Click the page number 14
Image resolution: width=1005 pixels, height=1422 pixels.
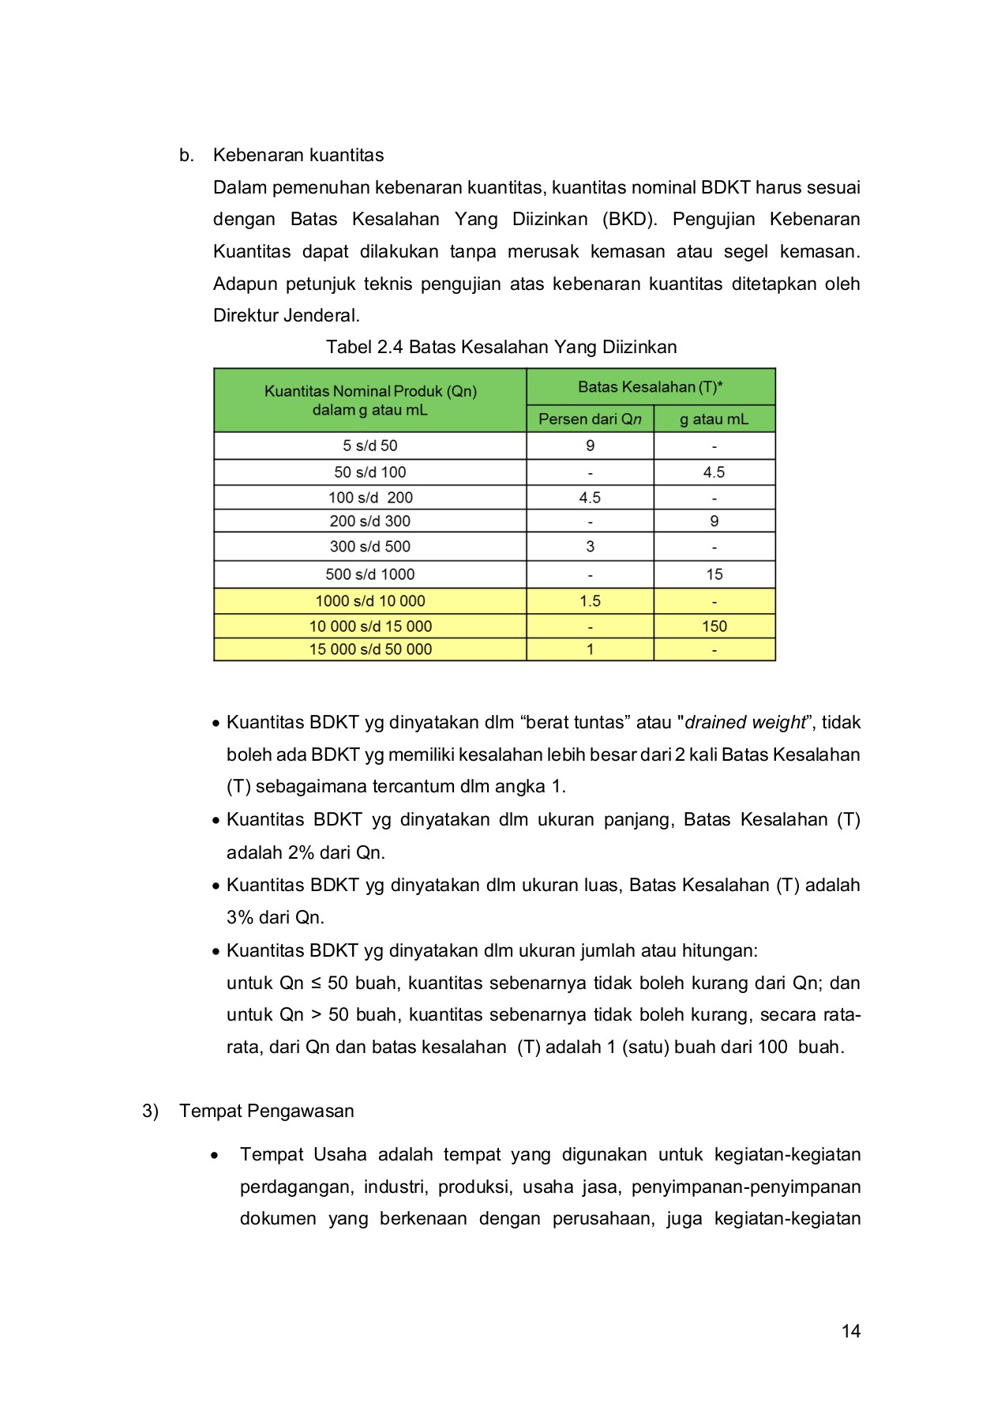[850, 1331]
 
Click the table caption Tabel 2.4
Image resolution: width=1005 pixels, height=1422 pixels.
[501, 347]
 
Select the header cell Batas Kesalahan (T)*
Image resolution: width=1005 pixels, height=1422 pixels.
[651, 387]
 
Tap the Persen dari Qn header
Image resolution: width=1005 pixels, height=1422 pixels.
[590, 419]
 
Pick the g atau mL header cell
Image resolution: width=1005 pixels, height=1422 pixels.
[714, 419]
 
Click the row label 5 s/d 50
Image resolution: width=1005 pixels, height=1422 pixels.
[369, 446]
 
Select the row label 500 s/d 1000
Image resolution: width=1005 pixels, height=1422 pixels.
[369, 574]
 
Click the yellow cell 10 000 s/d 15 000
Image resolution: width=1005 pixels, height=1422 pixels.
[369, 626]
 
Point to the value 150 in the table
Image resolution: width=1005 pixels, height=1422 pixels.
[714, 626]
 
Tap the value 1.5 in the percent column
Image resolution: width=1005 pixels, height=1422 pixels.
[590, 601]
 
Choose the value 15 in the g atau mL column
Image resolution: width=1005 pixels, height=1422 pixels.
[714, 574]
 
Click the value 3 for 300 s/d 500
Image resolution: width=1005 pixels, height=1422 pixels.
[590, 547]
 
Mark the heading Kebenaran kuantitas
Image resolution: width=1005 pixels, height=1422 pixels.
[298, 155]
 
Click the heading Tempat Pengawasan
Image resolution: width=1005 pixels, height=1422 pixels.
[266, 1111]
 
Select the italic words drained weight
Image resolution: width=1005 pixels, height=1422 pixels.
[745, 722]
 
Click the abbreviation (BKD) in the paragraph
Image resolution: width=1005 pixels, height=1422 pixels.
[629, 219]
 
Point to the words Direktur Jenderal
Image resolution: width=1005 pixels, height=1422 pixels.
[286, 316]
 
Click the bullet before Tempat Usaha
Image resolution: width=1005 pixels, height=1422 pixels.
[215, 1155]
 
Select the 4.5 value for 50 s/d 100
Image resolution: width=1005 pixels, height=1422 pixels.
[714, 472]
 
